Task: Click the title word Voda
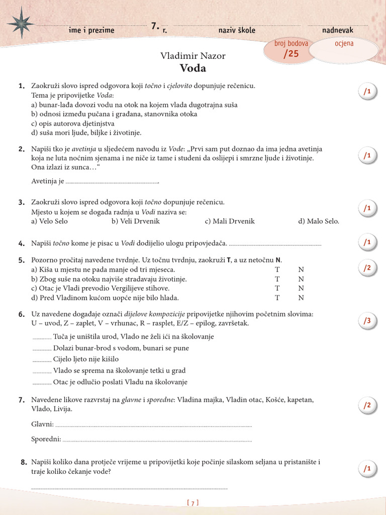[192, 68]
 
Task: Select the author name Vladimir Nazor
[192, 56]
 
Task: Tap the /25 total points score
[291, 54]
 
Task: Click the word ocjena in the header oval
[344, 44]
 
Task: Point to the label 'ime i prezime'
[91, 30]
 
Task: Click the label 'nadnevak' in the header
[337, 30]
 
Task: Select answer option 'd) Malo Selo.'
[319, 221]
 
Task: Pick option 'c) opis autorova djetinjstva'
[73, 123]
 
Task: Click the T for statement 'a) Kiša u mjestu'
[277, 270]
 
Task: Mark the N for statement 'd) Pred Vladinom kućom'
[301, 298]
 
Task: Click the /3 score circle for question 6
[367, 321]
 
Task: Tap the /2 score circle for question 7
[367, 405]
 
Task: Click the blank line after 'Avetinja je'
[112, 182]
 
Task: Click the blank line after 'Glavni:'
[153, 425]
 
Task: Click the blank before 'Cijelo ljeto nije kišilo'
[42, 361]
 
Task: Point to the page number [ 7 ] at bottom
[193, 502]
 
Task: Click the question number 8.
[24, 462]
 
